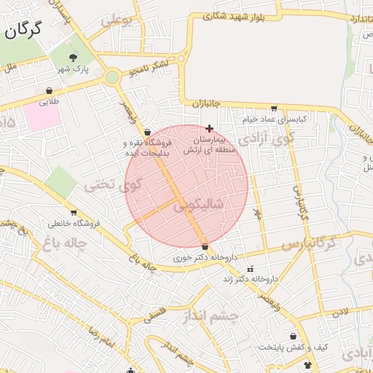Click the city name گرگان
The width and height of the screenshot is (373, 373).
click(23, 31)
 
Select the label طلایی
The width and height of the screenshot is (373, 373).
click(49, 102)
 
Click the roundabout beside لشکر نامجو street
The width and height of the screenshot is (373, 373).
click(112, 77)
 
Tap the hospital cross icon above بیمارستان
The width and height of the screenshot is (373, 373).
click(210, 127)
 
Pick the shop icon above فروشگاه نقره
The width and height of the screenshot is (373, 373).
click(148, 133)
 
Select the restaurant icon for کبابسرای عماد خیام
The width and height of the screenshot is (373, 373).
click(274, 108)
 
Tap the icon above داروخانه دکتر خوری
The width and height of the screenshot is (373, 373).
click(204, 246)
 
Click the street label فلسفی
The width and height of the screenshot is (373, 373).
click(154, 315)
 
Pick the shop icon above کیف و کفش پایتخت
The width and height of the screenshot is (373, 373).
click(294, 337)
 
